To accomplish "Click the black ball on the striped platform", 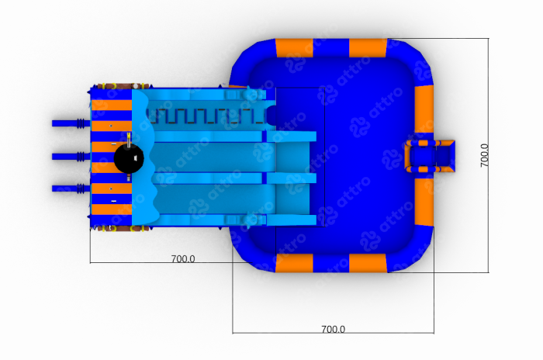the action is tap(129, 158).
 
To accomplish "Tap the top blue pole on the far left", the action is tap(71, 123).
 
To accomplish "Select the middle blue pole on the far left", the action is tap(71, 157).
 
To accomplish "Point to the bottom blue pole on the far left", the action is tap(71, 189).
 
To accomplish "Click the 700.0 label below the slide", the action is tap(183, 258).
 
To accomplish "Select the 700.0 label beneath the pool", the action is tap(333, 329).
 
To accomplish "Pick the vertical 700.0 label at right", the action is tap(485, 156).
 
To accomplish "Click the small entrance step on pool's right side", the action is tap(430, 156).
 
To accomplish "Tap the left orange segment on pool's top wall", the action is tap(294, 48).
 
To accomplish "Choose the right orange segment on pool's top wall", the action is tap(368, 48).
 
